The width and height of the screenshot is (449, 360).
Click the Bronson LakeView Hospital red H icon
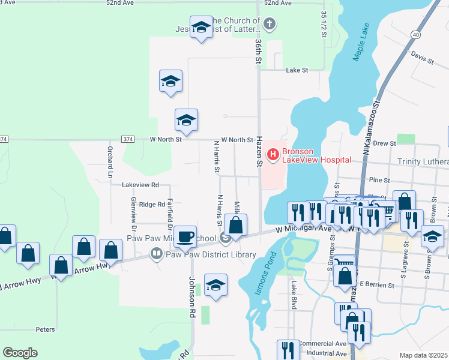tap(273, 155)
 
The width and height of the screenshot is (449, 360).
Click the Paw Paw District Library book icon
tap(156, 254)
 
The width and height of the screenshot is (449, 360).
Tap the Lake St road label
tap(297, 70)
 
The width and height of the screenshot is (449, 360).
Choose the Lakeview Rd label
tap(141, 185)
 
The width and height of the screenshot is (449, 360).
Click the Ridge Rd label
tap(151, 205)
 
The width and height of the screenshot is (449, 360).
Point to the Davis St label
tap(422, 58)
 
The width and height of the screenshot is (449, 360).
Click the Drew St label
tap(384, 143)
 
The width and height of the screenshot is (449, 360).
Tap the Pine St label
tap(379, 179)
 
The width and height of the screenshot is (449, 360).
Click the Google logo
tap(20, 353)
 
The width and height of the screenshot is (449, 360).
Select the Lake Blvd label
tap(294, 293)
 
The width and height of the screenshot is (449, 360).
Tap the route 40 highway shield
tap(415, 35)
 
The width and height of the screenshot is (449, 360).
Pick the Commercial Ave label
tap(322, 343)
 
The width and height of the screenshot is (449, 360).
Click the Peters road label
tap(45, 329)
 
